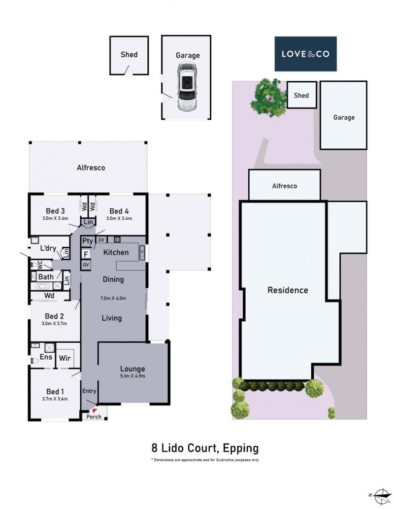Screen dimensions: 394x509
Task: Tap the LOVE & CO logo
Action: click(305, 54)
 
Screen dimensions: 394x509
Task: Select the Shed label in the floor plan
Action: click(129, 55)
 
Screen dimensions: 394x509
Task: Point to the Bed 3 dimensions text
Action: click(55, 218)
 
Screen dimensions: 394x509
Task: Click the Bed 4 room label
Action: click(119, 211)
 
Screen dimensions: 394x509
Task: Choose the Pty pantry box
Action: click(87, 241)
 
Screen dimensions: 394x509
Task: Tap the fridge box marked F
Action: click(86, 254)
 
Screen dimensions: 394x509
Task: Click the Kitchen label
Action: click(116, 252)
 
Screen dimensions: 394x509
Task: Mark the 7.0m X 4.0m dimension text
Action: click(113, 298)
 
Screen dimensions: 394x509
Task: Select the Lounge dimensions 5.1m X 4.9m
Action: click(132, 376)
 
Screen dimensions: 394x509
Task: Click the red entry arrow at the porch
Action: click(95, 411)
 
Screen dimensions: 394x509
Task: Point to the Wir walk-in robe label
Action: click(65, 358)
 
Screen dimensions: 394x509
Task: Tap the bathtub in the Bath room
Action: click(41, 286)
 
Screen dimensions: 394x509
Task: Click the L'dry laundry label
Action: click(48, 248)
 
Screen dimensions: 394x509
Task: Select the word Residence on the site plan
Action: click(288, 290)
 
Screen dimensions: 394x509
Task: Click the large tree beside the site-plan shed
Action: click(268, 97)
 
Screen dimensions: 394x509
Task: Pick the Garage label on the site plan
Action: click(344, 117)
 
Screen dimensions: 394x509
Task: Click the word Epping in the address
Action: click(240, 448)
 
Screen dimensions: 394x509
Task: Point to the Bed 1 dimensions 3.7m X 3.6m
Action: click(55, 399)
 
